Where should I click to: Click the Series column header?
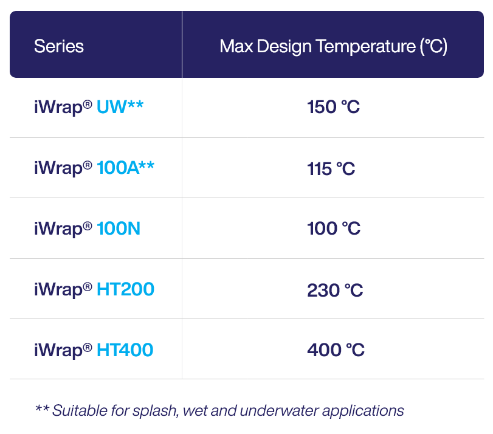pos(59,46)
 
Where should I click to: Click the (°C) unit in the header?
pos(433,47)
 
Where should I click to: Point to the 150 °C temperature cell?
pos(333,107)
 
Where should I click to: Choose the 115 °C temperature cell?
pos(331,169)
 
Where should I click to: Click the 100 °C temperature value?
pos(334,229)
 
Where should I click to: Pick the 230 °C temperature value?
pos(335,290)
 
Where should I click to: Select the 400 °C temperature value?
pos(336,350)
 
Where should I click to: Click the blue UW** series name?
pos(120,106)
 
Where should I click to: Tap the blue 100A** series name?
pos(125,167)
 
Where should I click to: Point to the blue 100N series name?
pos(119,229)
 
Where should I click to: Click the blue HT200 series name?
pos(125,289)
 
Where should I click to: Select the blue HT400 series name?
pos(125,350)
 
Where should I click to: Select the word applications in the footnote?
pos(363,412)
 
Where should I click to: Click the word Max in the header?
pos(236,46)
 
